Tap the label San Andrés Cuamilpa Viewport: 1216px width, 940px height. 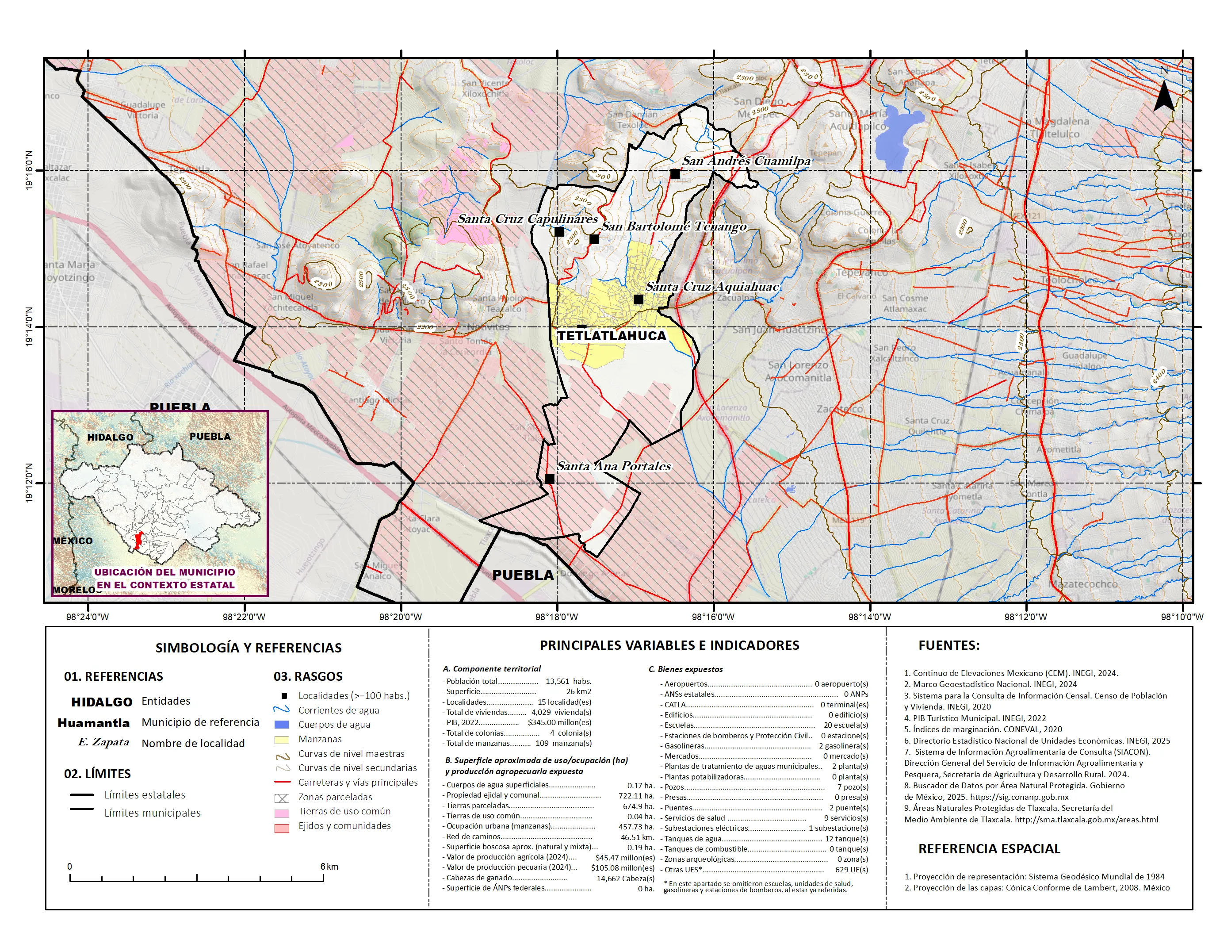[x=746, y=161]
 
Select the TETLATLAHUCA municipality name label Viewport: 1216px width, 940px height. [x=612, y=336]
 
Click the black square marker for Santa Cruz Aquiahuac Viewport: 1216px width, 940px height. [x=639, y=299]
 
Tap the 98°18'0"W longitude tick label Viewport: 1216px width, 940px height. [x=557, y=617]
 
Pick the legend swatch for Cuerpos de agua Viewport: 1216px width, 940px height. [x=282, y=725]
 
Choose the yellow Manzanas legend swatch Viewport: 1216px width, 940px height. [x=282, y=740]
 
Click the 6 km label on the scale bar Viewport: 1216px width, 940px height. [x=329, y=867]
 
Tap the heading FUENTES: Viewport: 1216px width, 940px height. [x=949, y=645]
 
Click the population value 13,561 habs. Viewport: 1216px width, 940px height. [x=568, y=681]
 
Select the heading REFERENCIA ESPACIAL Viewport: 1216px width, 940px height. [x=989, y=849]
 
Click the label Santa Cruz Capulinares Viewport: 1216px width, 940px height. [x=527, y=219]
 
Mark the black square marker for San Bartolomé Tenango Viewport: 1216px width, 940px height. [x=594, y=239]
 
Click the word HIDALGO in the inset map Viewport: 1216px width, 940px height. [x=110, y=437]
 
